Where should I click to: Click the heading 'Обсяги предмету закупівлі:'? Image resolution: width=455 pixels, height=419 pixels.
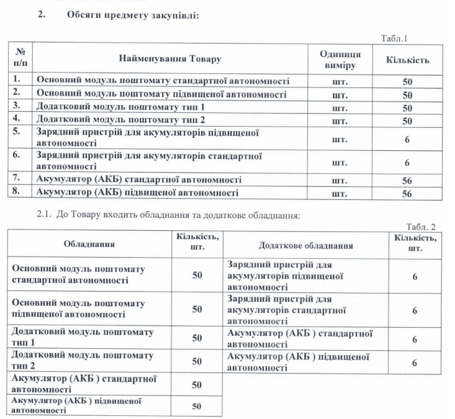pyautogui.click(x=132, y=16)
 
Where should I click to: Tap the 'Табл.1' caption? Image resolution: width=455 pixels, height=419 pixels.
pyautogui.click(x=394, y=38)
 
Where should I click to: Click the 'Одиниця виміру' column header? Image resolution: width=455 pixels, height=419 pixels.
pyautogui.click(x=340, y=60)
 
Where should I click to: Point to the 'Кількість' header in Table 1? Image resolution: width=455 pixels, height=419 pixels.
pyautogui.click(x=407, y=60)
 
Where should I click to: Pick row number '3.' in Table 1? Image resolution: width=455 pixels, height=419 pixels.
pyautogui.click(x=19, y=106)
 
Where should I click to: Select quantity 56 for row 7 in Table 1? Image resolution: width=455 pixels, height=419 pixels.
pyautogui.click(x=407, y=180)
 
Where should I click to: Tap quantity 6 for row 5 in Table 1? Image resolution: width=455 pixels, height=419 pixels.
pyautogui.click(x=407, y=139)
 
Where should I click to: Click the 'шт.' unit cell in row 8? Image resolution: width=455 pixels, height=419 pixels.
pyautogui.click(x=340, y=194)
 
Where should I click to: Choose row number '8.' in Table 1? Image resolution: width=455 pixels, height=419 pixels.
pyautogui.click(x=19, y=192)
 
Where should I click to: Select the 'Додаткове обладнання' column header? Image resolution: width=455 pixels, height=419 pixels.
pyautogui.click(x=305, y=245)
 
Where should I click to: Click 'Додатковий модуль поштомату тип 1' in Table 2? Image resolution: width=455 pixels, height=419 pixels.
pyautogui.click(x=83, y=337)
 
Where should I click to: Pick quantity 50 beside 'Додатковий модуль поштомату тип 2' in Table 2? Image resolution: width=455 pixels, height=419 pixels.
pyautogui.click(x=197, y=361)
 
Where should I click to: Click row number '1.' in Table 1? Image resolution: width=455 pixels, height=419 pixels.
pyautogui.click(x=19, y=80)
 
